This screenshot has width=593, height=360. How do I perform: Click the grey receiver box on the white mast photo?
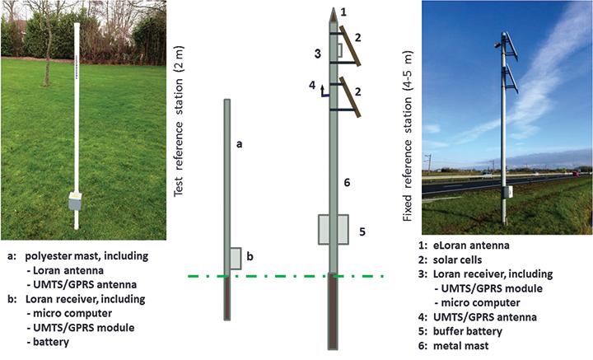[76, 200]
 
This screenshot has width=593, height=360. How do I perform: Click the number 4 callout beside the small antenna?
[311, 85]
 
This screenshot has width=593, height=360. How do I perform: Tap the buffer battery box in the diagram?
[333, 230]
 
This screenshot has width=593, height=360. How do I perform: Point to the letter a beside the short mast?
[239, 143]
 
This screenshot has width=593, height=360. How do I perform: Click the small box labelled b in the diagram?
[236, 258]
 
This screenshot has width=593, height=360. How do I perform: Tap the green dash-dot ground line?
[288, 275]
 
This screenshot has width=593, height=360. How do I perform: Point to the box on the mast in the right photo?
[511, 193]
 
